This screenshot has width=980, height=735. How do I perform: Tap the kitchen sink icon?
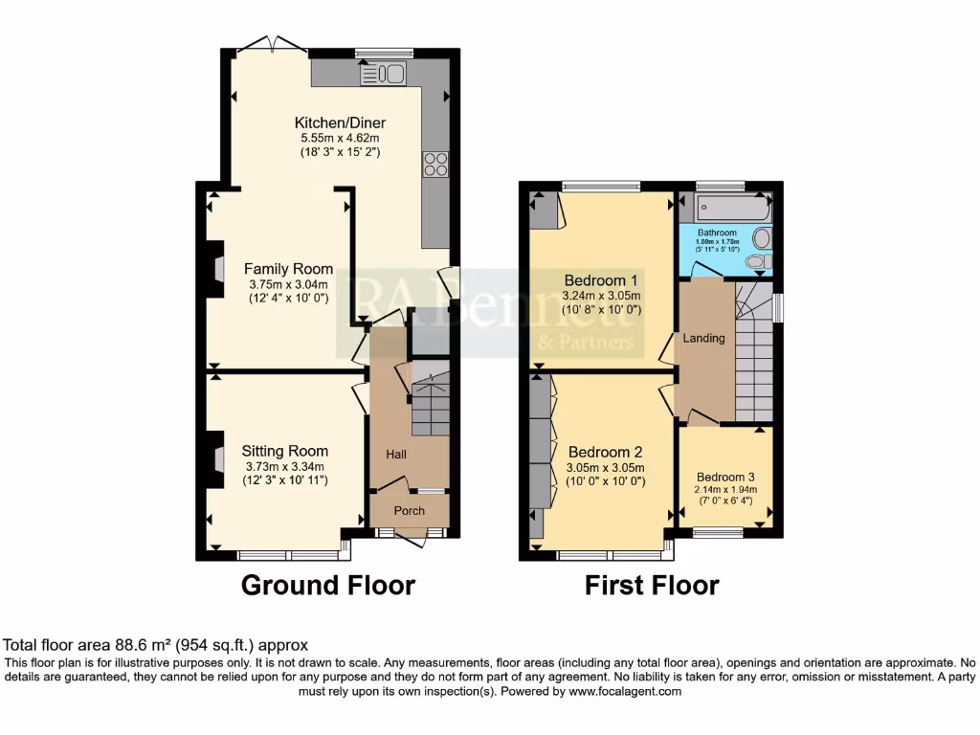pyautogui.click(x=384, y=74)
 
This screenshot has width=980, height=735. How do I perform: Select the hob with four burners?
pyautogui.click(x=435, y=165)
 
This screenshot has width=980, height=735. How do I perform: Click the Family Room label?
pyautogui.click(x=288, y=269)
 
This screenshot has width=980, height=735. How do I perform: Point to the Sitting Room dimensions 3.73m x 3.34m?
pyautogui.click(x=285, y=466)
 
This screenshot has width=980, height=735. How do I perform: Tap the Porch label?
pyautogui.click(x=410, y=510)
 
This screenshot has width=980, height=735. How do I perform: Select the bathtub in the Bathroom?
pyautogui.click(x=724, y=207)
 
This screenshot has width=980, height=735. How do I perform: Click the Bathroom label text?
pyautogui.click(x=717, y=233)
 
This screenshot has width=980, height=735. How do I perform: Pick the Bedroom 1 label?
pyautogui.click(x=601, y=279)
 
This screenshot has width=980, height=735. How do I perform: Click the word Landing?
pyautogui.click(x=703, y=338)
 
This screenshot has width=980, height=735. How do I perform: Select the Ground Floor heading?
pyautogui.click(x=327, y=585)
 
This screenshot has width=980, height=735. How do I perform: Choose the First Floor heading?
pyautogui.click(x=652, y=585)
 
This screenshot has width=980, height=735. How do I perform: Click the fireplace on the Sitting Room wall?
pyautogui.click(x=216, y=456)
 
